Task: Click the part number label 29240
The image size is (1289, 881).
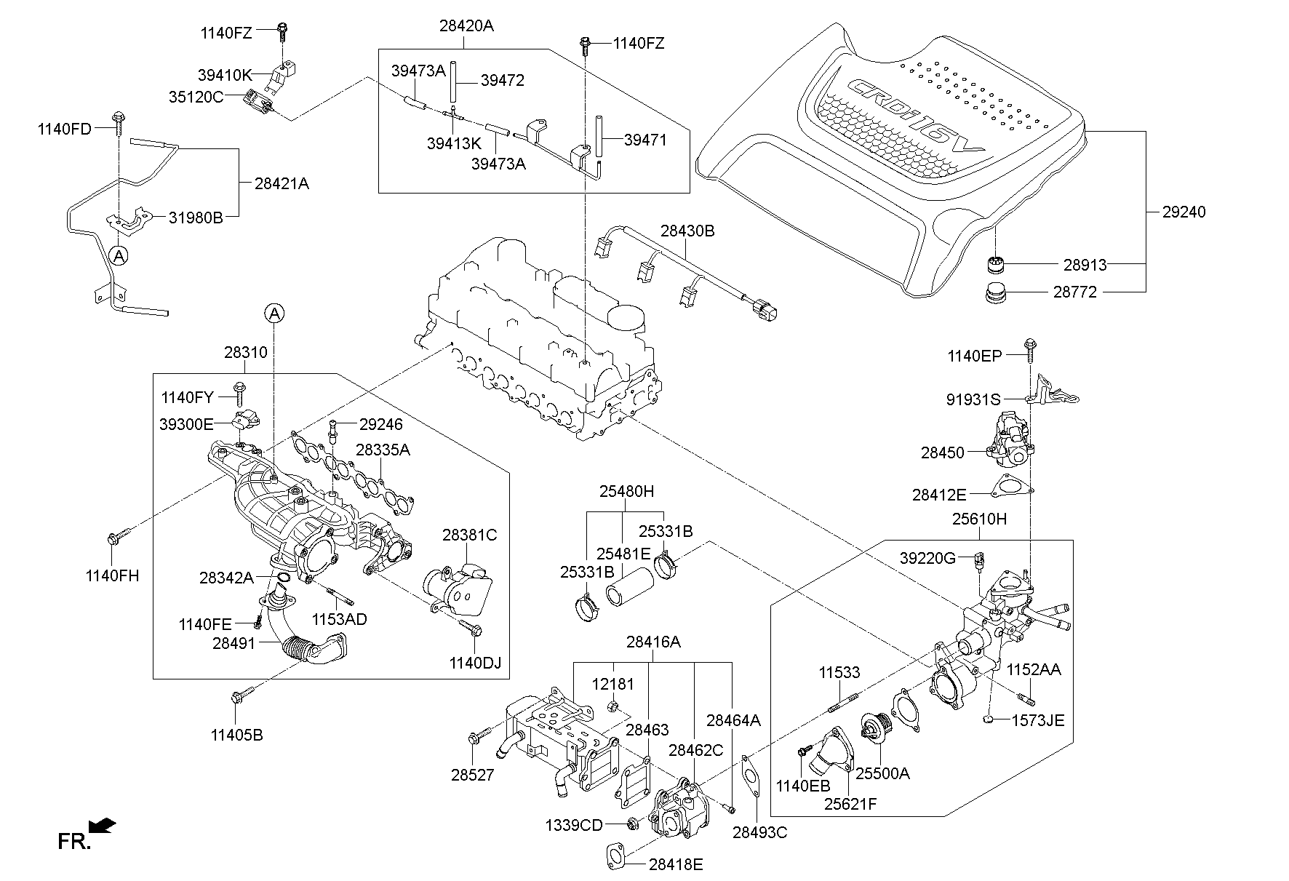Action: coord(1184,212)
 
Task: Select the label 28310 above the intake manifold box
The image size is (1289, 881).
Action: coord(245,353)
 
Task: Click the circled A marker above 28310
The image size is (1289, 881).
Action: coord(274,314)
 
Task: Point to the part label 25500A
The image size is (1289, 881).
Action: coord(882,774)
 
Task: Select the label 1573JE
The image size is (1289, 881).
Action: coord(1037,721)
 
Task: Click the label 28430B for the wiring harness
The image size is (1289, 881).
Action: coord(687,231)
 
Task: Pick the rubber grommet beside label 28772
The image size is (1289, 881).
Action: coord(995,294)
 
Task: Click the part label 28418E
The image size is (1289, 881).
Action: coord(676,864)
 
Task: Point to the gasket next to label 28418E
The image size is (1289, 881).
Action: coord(615,856)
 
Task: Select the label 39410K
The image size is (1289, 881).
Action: coord(224,75)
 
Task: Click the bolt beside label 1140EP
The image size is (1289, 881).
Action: coord(1029,351)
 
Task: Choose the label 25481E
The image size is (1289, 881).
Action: coord(623,553)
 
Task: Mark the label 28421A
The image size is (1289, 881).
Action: coord(282,184)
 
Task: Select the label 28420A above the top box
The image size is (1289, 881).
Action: coord(466,26)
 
